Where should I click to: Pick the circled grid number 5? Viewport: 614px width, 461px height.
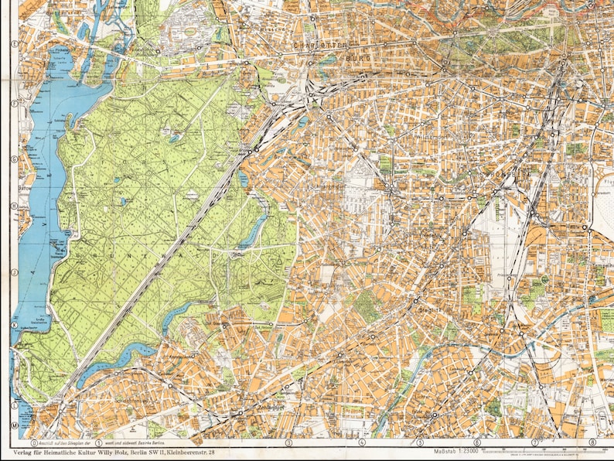[421, 442]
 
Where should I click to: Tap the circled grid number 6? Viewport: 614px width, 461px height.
[477, 442]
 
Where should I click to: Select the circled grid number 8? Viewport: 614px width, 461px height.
[592, 442]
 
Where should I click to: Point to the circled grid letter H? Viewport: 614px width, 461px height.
[14, 206]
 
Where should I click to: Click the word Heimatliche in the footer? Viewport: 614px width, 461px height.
[72, 451]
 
